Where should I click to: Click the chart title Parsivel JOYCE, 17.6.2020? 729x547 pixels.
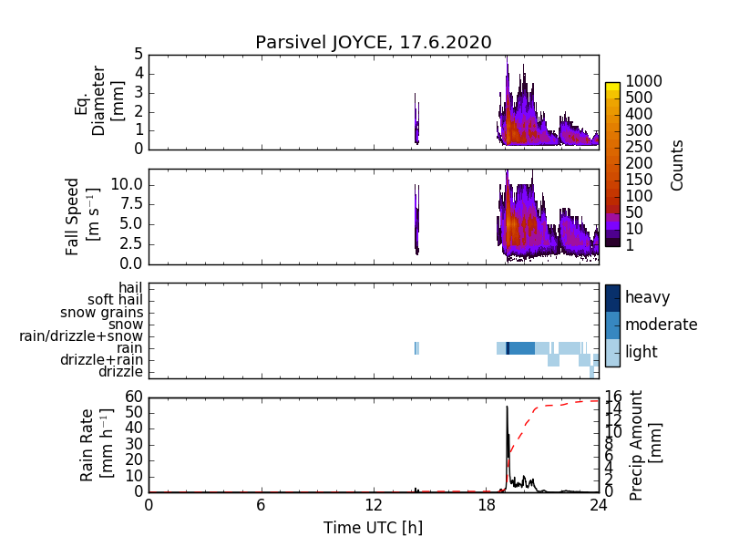coord(374,42)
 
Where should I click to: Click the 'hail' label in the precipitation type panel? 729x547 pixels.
coord(130,288)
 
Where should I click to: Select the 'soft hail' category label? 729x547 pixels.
coord(116,300)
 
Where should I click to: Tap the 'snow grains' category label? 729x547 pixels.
coord(104,313)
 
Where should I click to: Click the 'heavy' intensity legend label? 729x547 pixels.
coord(647,297)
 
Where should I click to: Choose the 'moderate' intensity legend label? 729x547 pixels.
coord(661,325)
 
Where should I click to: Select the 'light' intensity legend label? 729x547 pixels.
coord(642,352)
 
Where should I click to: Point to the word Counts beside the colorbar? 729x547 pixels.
coord(677,165)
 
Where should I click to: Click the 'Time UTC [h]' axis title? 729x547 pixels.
coord(373,528)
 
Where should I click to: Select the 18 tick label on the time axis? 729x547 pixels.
coord(486,506)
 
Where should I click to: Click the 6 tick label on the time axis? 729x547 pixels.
coord(261,506)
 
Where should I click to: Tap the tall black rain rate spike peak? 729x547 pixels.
coord(507,407)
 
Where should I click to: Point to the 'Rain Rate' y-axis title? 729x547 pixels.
coord(88,444)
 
